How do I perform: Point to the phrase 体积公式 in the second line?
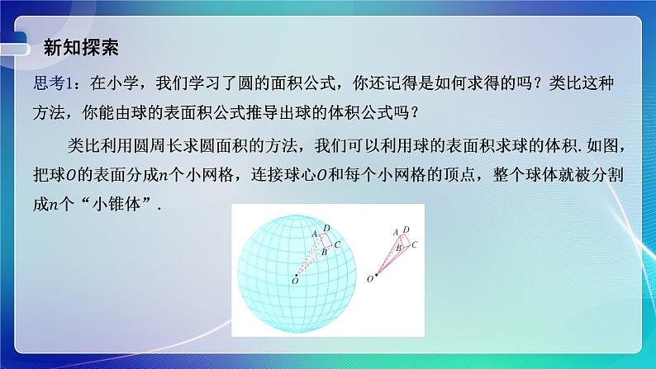pyautogui.click(x=351, y=110)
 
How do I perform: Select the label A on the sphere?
pyautogui.click(x=314, y=234)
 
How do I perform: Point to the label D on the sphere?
pyautogui.click(x=327, y=227)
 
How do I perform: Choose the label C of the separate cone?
pyautogui.click(x=413, y=244)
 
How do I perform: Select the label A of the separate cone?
pyautogui.click(x=396, y=232)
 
